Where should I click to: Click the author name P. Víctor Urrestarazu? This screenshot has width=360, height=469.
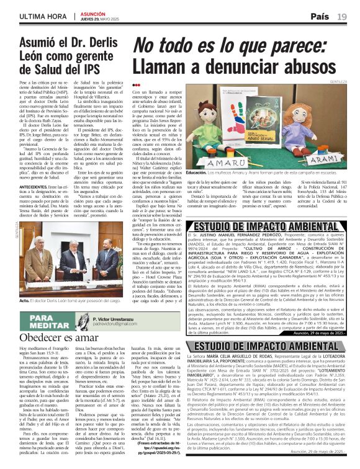point(120,316)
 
